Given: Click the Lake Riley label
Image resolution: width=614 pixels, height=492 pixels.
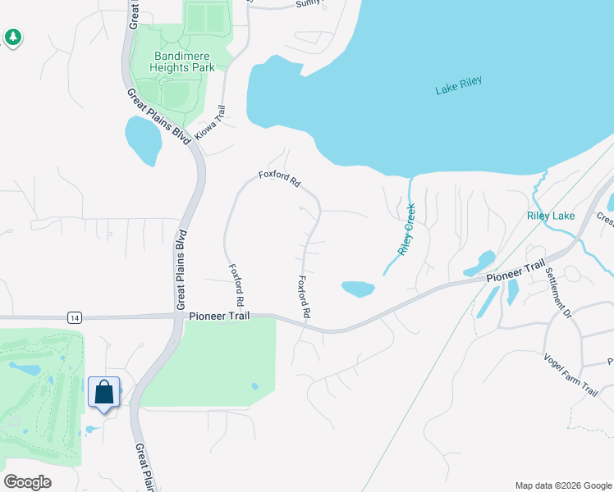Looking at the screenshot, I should coord(458,85).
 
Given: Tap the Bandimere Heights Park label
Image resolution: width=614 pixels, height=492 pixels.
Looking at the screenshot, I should coord(184,62).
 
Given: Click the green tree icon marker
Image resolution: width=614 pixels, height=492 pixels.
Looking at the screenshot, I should coord(12,37).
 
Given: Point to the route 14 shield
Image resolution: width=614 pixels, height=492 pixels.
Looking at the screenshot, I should coord(75,317).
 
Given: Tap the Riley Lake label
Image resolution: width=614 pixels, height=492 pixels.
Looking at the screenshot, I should coord(551,216).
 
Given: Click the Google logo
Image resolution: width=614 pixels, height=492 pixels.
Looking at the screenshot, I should coord(27,481).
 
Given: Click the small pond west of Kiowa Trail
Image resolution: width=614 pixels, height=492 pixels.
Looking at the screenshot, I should coord(143,140).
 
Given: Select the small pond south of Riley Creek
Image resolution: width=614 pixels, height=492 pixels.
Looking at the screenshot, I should coord(358,289).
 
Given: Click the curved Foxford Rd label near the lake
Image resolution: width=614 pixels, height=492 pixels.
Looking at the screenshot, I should coord(279,178).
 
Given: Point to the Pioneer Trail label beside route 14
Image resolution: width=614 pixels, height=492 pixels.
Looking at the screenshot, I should coord(218,316).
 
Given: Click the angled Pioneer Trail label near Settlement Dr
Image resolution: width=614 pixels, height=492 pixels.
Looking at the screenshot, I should coord(515,273).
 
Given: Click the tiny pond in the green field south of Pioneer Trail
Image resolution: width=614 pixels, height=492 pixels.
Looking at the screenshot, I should coord(254,385).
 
